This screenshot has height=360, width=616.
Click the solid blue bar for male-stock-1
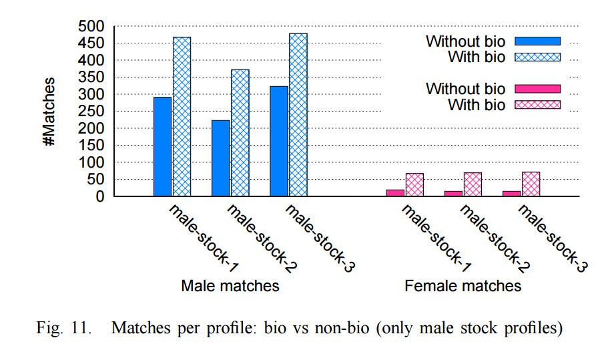coord(162,147)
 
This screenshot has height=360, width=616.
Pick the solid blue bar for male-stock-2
coord(220,158)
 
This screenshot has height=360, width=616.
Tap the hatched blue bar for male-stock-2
coord(240,133)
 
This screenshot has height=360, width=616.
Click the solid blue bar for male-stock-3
coord(279,141)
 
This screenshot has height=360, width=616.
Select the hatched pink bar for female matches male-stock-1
coord(414,185)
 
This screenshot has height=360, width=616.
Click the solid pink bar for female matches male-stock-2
coord(453,194)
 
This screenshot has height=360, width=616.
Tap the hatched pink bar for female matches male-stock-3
coord(531,184)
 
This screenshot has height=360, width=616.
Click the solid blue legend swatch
coord(538,41)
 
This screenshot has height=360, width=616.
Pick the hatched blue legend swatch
coord(538,57)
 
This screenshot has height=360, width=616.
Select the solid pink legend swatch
coord(538,89)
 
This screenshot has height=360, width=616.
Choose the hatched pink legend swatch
coord(538,105)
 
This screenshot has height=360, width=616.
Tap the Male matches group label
coord(230,286)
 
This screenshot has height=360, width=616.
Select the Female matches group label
coord(463,286)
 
